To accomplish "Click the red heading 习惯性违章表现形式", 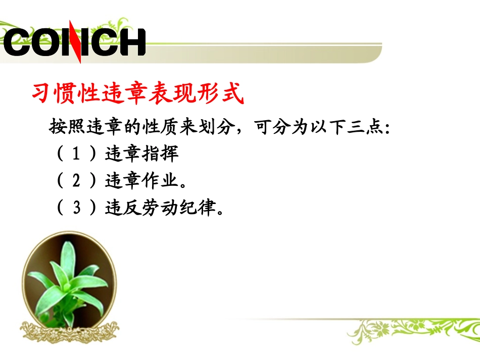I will click(138, 94).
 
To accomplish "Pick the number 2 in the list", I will click(76, 181).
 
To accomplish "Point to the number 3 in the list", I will click(76, 208).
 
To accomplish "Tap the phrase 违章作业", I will click(142, 181).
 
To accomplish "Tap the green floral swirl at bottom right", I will click(404, 331).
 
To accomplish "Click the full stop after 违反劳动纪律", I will click(220, 211).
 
